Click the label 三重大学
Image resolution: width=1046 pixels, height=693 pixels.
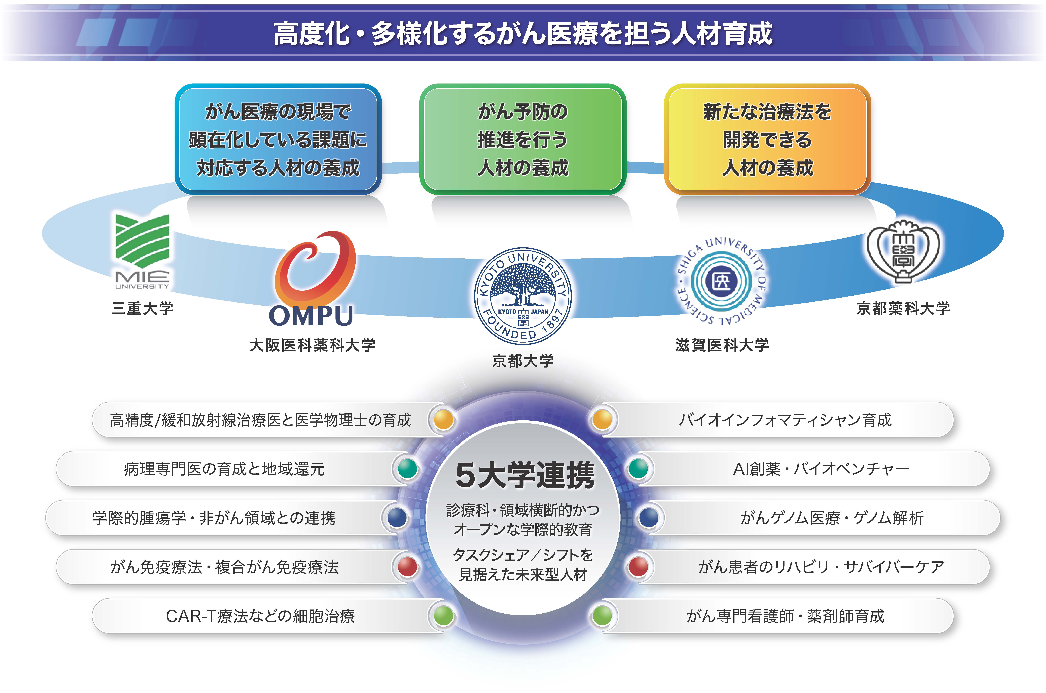tap(142, 308)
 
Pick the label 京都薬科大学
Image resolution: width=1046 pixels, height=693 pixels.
tap(903, 308)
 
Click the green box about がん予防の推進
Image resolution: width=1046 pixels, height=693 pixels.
tap(523, 139)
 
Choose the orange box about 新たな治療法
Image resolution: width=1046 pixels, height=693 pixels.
tap(767, 139)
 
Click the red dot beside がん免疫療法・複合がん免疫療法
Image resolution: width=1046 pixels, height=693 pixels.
tap(407, 567)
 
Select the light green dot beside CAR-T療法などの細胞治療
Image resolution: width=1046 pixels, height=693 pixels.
tap(444, 616)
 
